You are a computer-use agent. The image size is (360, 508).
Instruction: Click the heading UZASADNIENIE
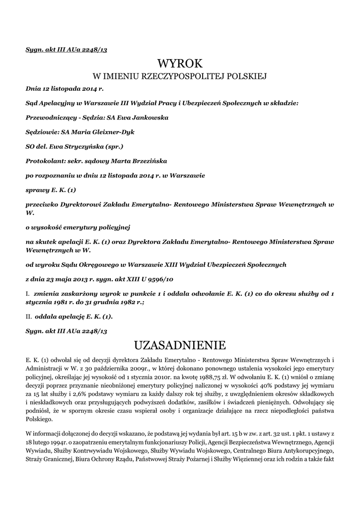coord(180,345)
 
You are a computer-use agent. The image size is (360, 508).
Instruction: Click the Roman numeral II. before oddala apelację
coord(28,316)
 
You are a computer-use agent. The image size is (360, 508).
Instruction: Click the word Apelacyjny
coord(60,103)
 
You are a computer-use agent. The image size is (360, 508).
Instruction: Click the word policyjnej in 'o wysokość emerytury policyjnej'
coord(113,227)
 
